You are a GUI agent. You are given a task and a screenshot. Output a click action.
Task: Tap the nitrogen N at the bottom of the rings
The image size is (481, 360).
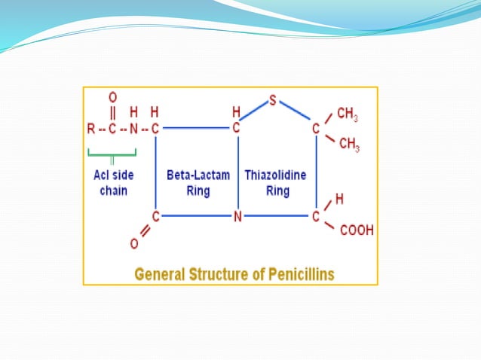click(237, 217)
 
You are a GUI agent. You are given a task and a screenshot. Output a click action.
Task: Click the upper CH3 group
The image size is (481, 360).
click(347, 114)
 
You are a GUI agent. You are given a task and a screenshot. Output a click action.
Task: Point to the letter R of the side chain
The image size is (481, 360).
click(91, 129)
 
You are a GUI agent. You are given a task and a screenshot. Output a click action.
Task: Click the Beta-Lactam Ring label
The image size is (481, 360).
click(192, 182)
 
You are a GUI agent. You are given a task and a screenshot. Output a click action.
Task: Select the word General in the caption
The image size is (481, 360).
click(160, 273)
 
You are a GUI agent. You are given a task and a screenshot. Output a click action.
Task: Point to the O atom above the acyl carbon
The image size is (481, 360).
click(112, 97)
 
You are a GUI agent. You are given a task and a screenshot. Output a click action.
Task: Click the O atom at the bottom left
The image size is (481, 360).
click(133, 244)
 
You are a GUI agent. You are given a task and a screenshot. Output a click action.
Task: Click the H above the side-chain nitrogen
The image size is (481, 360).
click(133, 111)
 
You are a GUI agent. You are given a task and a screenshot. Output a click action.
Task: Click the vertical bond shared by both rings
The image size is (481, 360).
click(237, 173)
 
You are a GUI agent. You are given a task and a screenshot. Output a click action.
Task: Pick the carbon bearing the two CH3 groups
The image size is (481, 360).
click(316, 128)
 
